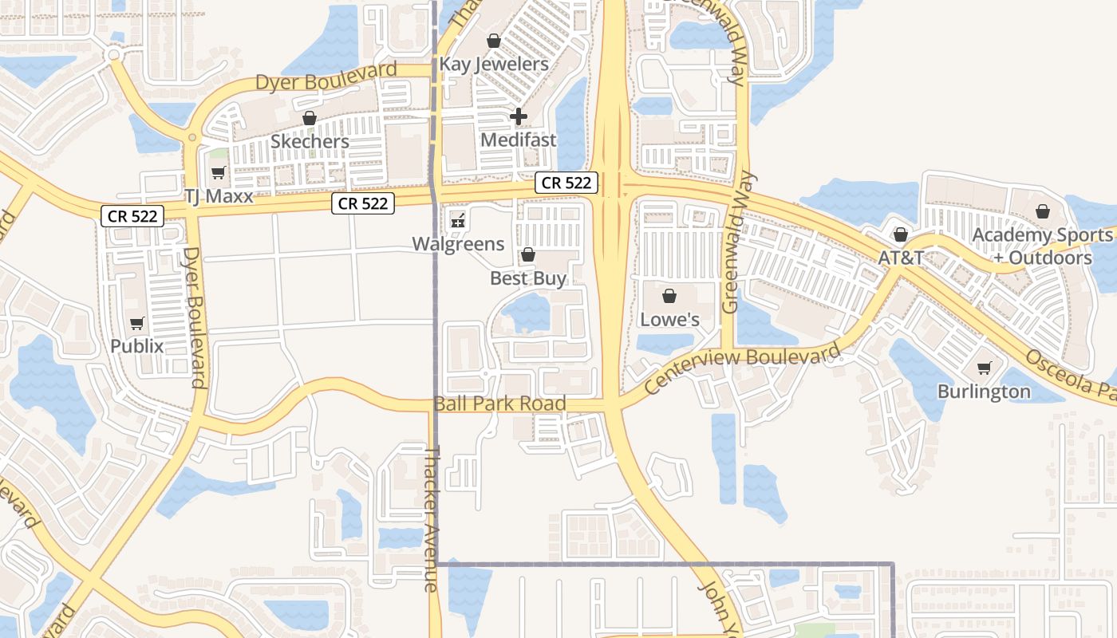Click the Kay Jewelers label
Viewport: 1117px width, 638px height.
pyautogui.click(x=494, y=64)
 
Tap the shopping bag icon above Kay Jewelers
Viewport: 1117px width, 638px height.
pyautogui.click(x=494, y=40)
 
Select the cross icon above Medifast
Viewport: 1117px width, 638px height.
pyautogui.click(x=519, y=116)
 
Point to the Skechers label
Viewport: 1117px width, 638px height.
pyautogui.click(x=310, y=141)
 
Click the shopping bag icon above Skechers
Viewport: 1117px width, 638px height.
pyautogui.click(x=310, y=118)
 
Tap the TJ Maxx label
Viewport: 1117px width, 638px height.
pyautogui.click(x=218, y=195)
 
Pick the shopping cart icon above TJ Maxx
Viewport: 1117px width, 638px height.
pyautogui.click(x=218, y=172)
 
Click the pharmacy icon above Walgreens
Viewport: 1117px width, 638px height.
pyautogui.click(x=458, y=220)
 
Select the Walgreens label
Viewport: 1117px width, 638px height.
pyautogui.click(x=458, y=243)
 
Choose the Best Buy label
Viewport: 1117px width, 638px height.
pyautogui.click(x=528, y=278)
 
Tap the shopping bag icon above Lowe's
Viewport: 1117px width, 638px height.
pyautogui.click(x=669, y=296)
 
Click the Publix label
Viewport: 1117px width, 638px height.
pyautogui.click(x=137, y=346)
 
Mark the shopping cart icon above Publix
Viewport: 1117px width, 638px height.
pyautogui.click(x=137, y=323)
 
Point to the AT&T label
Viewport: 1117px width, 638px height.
pyautogui.click(x=901, y=258)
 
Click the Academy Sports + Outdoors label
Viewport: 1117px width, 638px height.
pyautogui.click(x=1043, y=246)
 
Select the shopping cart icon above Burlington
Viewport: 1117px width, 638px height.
pyautogui.click(x=984, y=368)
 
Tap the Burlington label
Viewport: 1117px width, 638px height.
pyautogui.click(x=984, y=392)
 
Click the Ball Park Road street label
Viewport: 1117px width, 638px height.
pyautogui.click(x=500, y=404)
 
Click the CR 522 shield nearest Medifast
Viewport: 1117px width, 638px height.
pyautogui.click(x=566, y=183)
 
